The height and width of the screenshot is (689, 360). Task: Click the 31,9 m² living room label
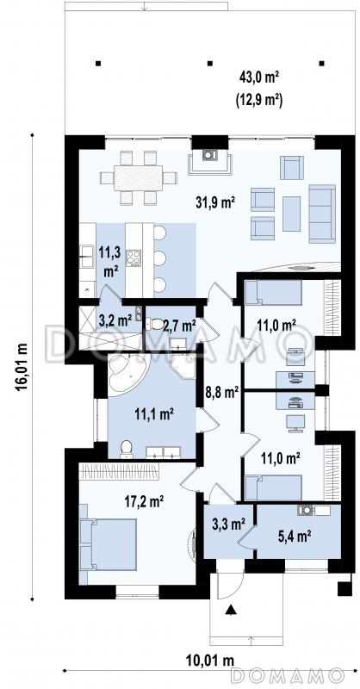[x=215, y=202]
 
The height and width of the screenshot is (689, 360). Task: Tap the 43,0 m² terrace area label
[x=260, y=78]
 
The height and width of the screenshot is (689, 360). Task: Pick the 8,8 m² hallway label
[x=222, y=392]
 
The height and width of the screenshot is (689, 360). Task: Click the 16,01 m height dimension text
[x=22, y=366]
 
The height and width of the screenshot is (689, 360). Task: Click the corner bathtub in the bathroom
[x=128, y=373]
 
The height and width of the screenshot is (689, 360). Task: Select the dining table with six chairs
[x=138, y=178]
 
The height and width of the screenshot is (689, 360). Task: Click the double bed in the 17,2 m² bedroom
[x=108, y=544]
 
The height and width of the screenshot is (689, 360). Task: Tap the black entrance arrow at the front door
[x=230, y=611]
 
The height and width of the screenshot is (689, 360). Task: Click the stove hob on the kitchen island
[x=133, y=258]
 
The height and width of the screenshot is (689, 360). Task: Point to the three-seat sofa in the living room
[x=322, y=214]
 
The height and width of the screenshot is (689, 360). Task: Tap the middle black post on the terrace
[x=209, y=63]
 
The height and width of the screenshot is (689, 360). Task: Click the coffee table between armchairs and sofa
[x=291, y=214]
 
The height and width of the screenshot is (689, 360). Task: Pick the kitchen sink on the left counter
[x=87, y=257]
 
